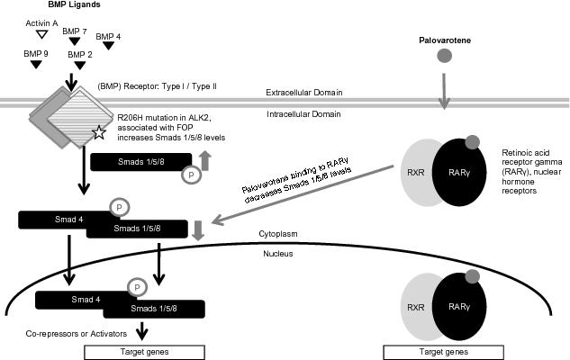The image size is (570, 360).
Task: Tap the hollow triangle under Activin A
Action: pos(40,35)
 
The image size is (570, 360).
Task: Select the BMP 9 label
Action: pos(36,53)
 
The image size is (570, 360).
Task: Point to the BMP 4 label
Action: pos(108,36)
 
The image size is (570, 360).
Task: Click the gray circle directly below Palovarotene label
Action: pos(444,58)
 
